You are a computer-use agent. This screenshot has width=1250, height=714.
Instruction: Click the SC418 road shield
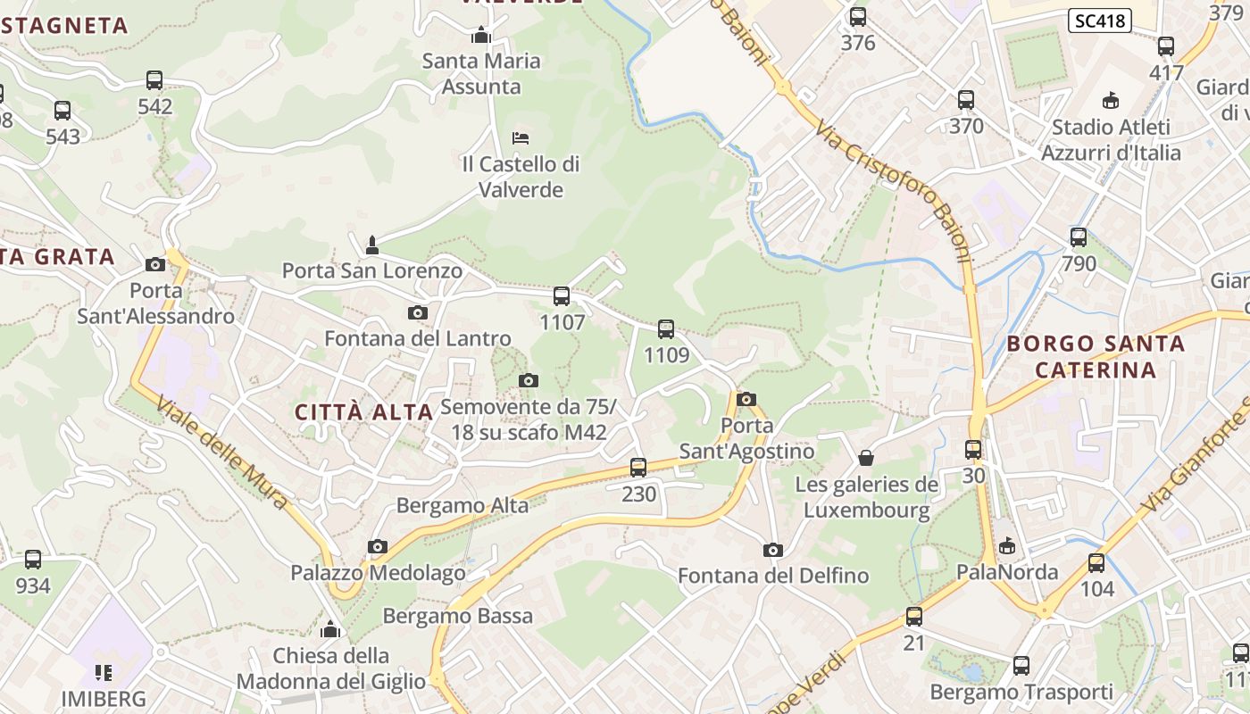tap(1099, 21)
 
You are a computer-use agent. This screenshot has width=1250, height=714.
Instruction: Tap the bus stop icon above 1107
tap(562, 296)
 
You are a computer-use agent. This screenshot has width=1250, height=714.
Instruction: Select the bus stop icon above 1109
tap(666, 329)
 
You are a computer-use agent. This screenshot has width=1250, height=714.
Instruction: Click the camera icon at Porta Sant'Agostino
tap(746, 399)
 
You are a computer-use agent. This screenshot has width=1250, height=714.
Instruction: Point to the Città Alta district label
tap(363, 412)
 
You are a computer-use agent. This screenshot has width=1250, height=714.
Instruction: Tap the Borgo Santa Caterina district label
tap(1096, 356)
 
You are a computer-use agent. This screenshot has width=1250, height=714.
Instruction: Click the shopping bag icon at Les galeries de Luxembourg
tap(865, 459)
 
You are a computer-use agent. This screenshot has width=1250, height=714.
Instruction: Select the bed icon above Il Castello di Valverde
tap(521, 138)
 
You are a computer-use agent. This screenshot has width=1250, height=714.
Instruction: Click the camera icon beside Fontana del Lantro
tap(417, 312)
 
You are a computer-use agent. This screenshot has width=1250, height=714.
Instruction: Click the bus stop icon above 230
tap(638, 467)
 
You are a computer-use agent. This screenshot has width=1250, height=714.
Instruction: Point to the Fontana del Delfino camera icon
tap(773, 550)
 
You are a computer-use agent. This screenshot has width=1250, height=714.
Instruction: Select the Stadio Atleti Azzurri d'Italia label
tap(1110, 140)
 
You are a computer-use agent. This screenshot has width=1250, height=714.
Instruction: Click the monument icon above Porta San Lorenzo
tap(372, 245)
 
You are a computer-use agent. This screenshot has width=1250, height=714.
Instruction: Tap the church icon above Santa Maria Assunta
tap(481, 36)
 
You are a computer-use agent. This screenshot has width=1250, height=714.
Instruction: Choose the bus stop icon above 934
tap(33, 560)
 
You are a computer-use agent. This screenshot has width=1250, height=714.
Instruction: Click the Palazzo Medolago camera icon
tap(378, 546)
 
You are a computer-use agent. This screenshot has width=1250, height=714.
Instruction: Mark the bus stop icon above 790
tap(1079, 237)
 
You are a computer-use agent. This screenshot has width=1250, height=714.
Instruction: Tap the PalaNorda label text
tap(1007, 572)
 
